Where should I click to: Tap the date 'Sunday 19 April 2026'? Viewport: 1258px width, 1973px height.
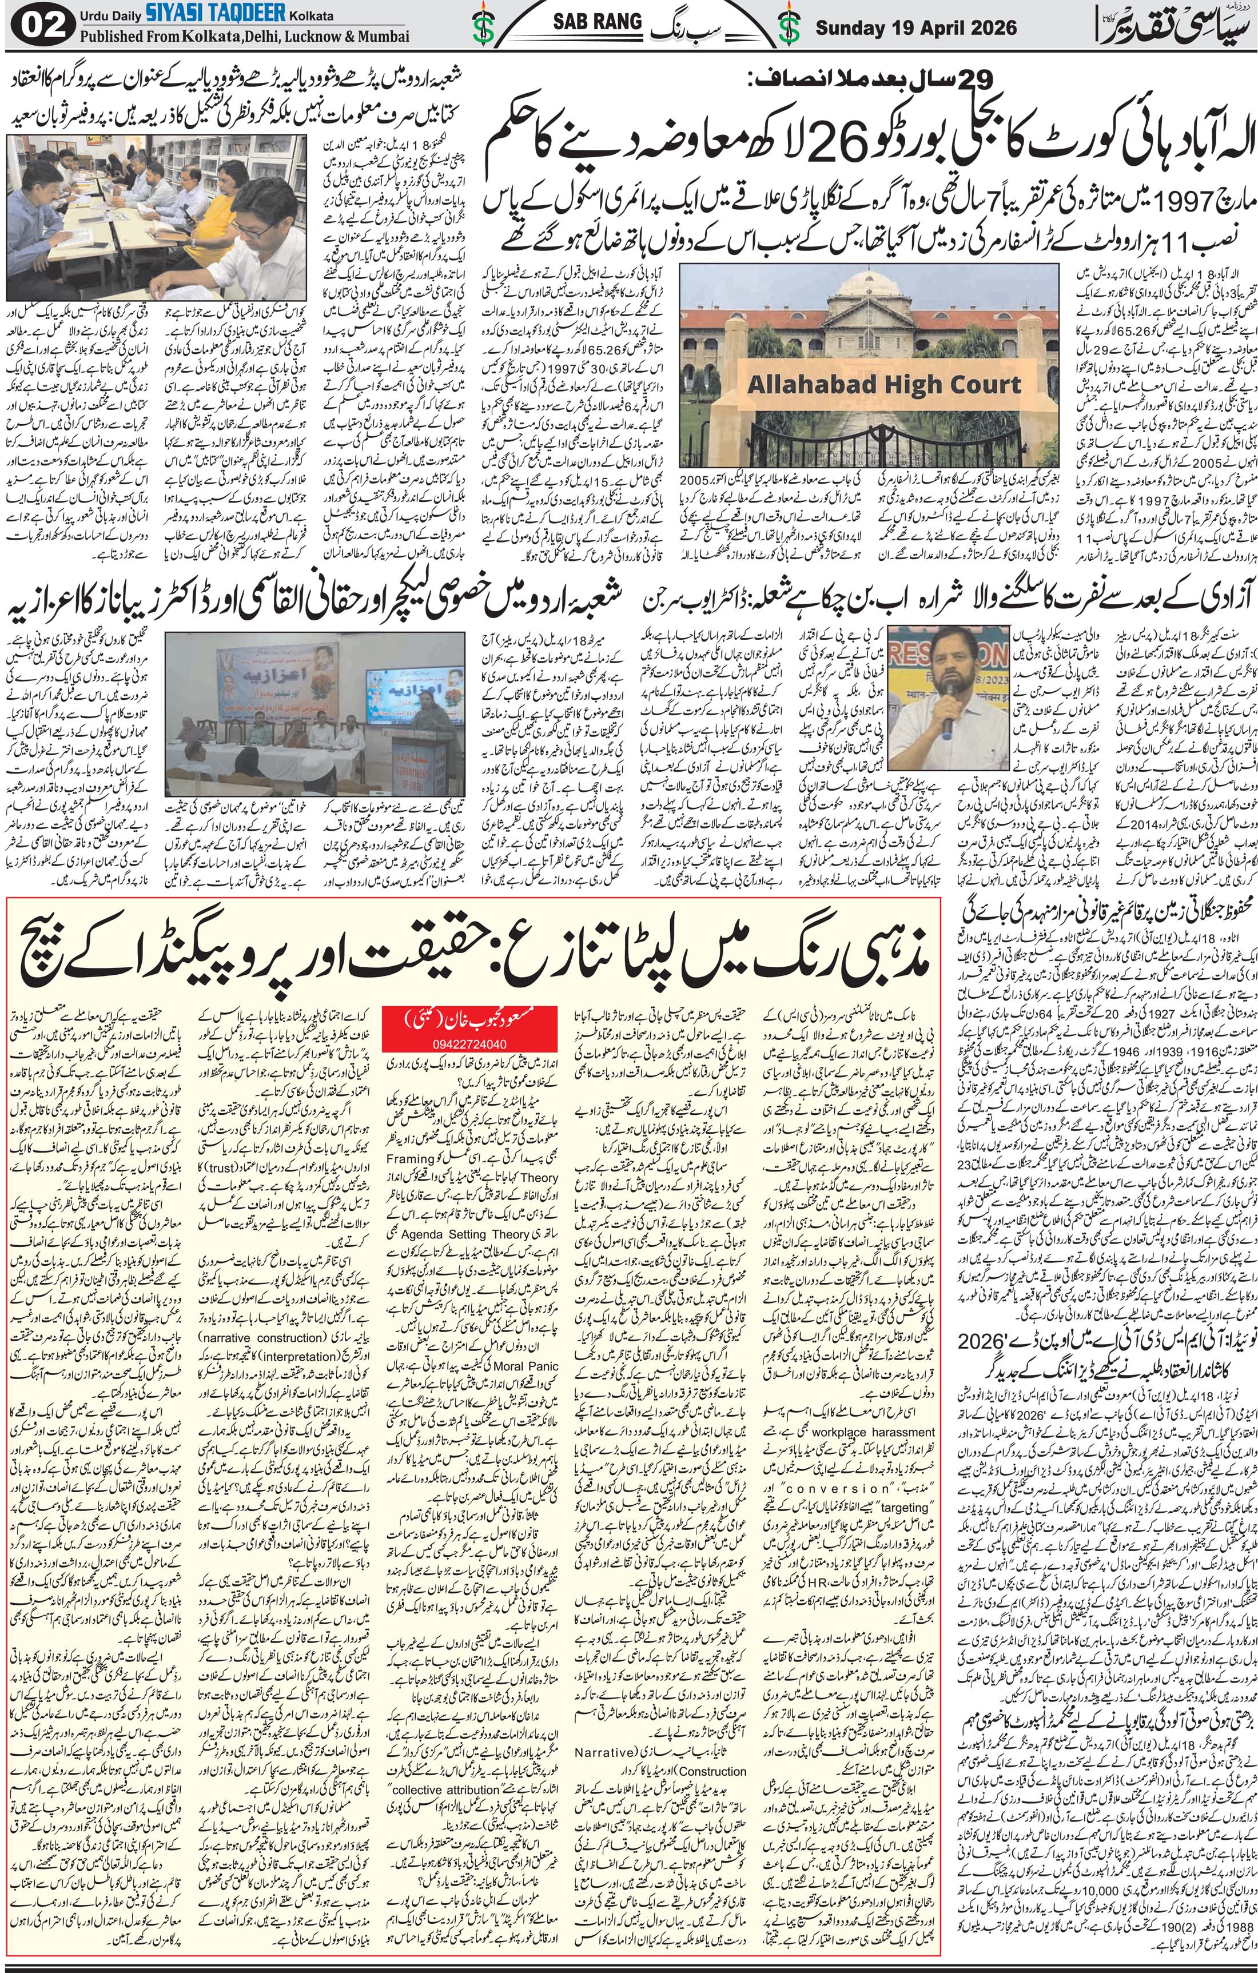pyautogui.click(x=916, y=28)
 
